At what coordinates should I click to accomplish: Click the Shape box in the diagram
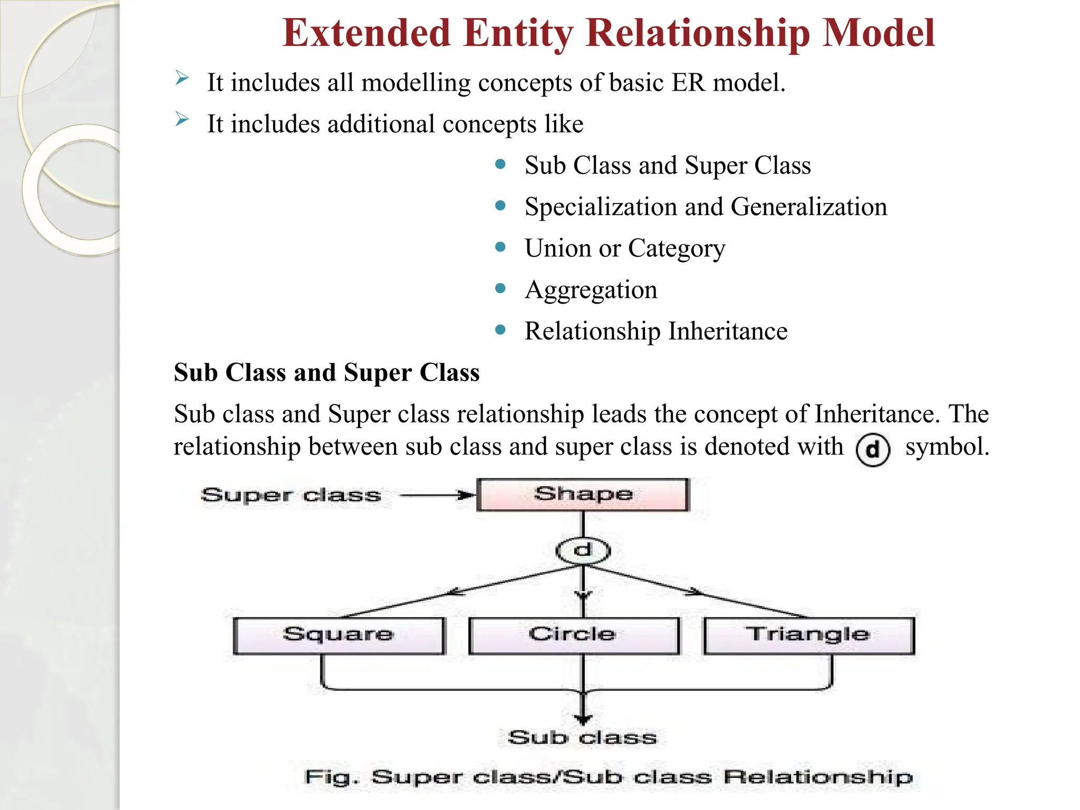point(583,494)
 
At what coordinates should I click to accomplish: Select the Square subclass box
point(339,635)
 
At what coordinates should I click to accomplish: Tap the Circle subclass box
point(574,635)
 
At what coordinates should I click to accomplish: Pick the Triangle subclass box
point(809,635)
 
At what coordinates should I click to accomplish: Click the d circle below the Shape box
point(583,551)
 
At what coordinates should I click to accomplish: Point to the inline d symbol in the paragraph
point(873,450)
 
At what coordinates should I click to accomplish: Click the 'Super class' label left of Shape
point(291,495)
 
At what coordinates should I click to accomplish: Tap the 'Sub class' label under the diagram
point(582,737)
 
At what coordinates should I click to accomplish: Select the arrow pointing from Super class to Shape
point(438,495)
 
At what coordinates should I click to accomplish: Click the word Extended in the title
point(365,33)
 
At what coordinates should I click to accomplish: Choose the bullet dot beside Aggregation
point(500,288)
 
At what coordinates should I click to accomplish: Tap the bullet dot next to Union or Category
point(500,247)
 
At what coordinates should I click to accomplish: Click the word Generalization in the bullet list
point(809,206)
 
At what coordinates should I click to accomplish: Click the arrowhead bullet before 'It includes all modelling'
point(182,79)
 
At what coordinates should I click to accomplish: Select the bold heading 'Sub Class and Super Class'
point(327,372)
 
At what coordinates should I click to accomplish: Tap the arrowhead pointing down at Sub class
point(583,718)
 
